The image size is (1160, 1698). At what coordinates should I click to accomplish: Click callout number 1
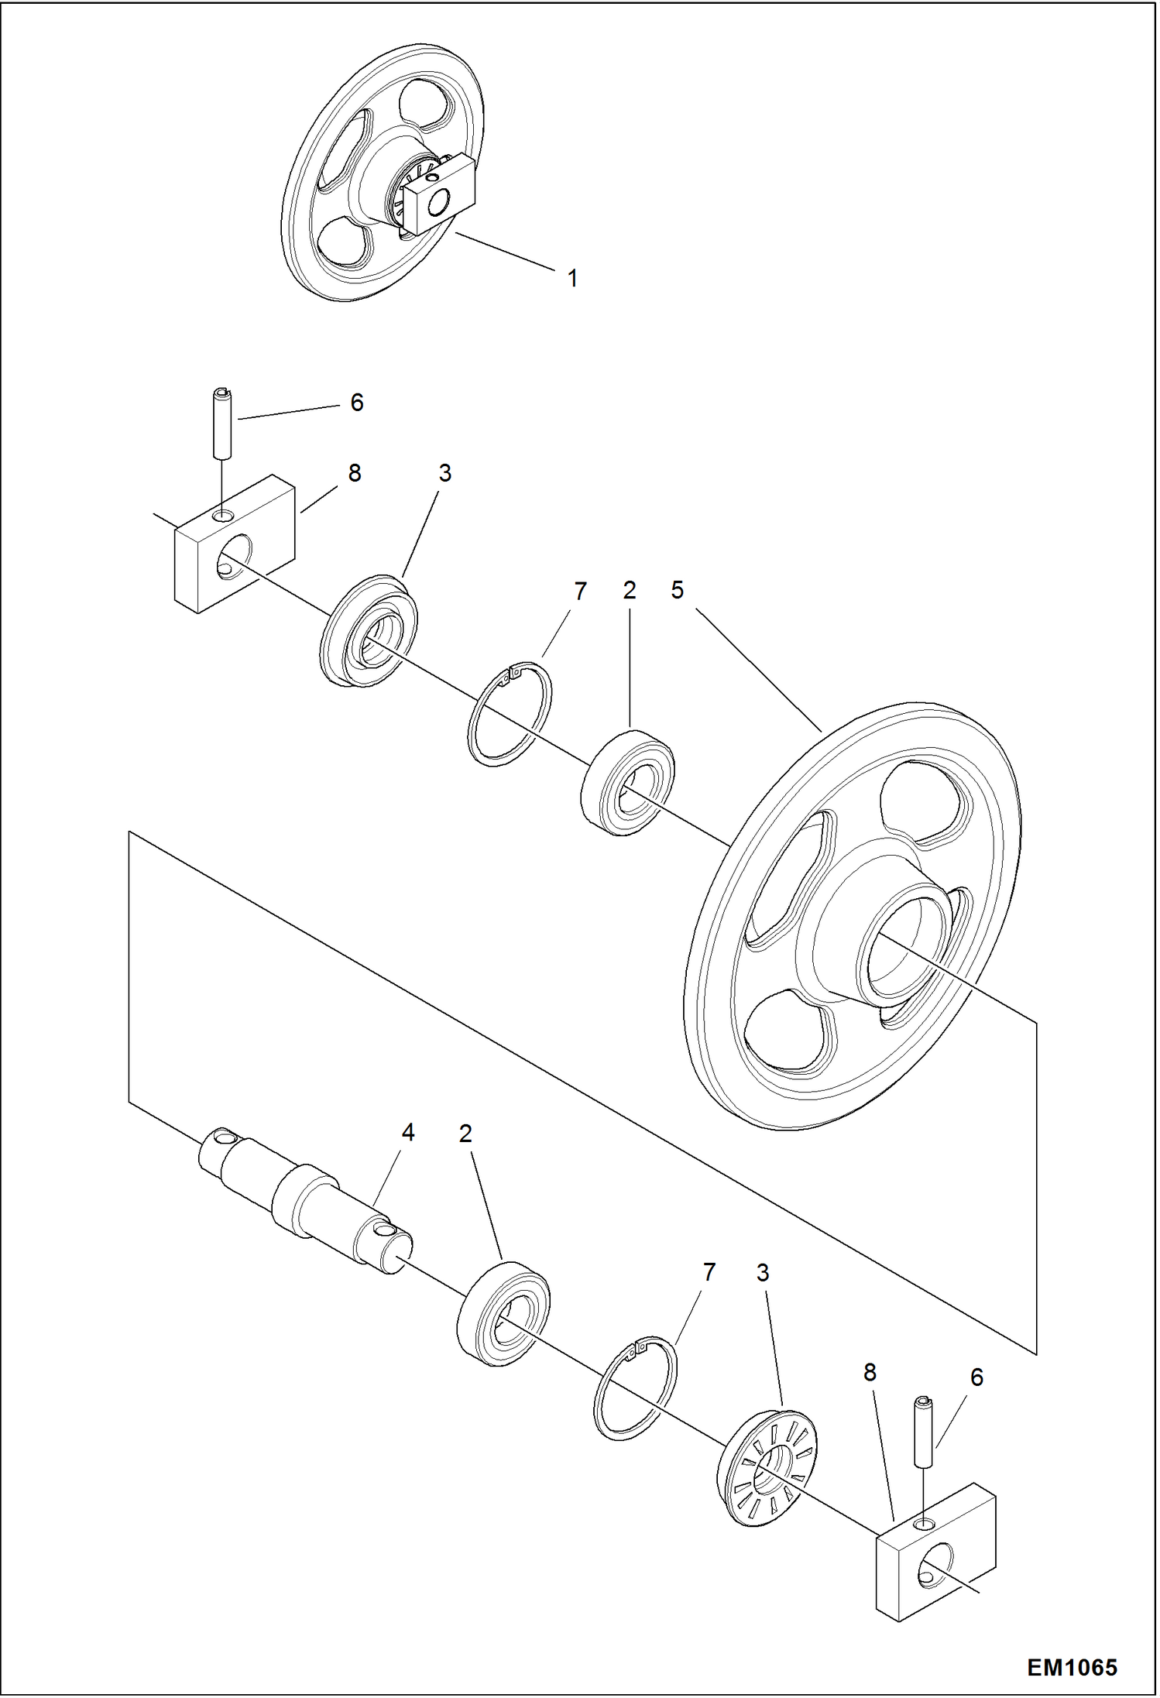pos(572,279)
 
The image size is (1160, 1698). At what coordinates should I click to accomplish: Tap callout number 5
pos(677,591)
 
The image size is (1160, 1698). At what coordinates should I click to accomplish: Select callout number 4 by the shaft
pos(407,1133)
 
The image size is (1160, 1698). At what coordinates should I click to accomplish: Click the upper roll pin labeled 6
pos(222,424)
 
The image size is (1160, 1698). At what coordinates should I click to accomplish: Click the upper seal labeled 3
pos(369,630)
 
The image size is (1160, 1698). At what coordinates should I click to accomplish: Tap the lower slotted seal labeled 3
pos(767,1465)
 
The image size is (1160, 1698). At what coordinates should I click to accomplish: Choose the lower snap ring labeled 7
pos(635,1388)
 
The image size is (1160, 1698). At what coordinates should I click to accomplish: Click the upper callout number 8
pos(355,473)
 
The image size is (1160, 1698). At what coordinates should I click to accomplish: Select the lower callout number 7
pos(709,1272)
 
